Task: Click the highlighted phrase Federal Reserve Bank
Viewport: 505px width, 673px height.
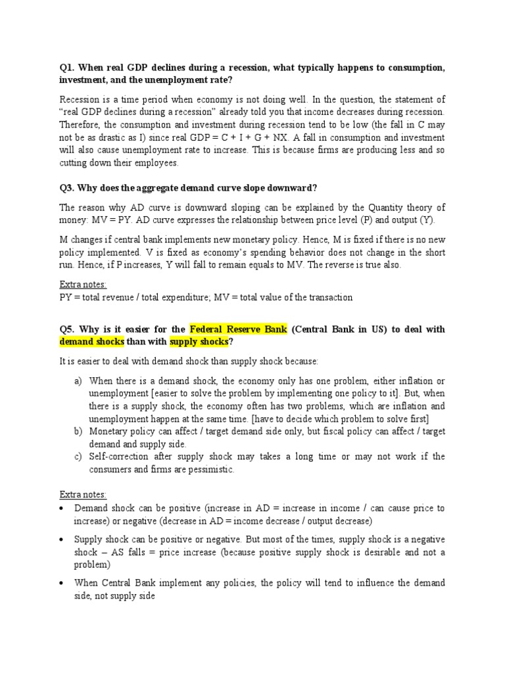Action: (238, 329)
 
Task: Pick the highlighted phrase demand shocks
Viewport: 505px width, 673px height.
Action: (91, 342)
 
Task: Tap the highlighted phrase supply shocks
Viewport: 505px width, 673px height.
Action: (198, 342)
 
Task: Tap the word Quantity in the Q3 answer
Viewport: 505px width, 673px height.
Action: (377, 208)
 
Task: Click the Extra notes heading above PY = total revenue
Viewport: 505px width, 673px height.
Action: (83, 285)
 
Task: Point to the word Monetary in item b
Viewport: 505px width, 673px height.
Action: (108, 431)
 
